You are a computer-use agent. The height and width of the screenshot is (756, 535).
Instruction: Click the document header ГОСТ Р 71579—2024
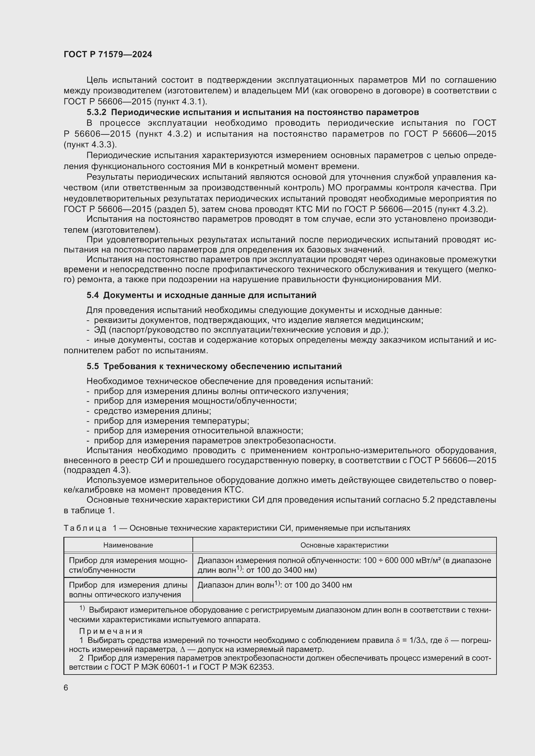pyautogui.click(x=108, y=55)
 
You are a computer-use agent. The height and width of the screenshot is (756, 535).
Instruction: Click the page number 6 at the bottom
pyautogui.click(x=66, y=688)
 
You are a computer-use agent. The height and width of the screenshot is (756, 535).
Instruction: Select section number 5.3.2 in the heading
pyautogui.click(x=96, y=112)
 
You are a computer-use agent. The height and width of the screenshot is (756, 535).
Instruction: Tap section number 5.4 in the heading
pyautogui.click(x=93, y=295)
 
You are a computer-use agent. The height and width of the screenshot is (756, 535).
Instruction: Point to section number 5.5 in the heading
pyautogui.click(x=93, y=366)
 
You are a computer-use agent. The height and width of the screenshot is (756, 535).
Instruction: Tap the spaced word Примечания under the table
pyautogui.click(x=111, y=631)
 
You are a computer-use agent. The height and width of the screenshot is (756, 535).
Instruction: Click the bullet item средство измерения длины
pyautogui.click(x=152, y=411)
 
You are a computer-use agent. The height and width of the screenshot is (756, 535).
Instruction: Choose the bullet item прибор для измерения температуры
pyautogui.click(x=171, y=421)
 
